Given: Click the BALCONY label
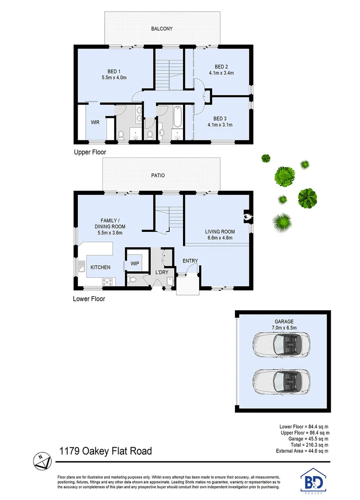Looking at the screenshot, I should [x=162, y=29].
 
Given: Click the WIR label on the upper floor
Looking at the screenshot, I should [x=95, y=123].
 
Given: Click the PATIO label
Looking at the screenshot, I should [x=158, y=175].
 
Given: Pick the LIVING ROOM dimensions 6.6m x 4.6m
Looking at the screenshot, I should [x=220, y=238].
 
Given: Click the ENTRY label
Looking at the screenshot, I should [x=190, y=261].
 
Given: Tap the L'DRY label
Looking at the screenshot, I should [x=161, y=272].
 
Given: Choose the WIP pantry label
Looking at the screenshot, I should [x=135, y=263].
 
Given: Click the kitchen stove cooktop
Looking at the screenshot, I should [x=107, y=281].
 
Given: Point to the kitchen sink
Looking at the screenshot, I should [x=82, y=266].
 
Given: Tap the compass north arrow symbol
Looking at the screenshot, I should [x=41, y=459].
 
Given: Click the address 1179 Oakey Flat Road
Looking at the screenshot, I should [x=105, y=450].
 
